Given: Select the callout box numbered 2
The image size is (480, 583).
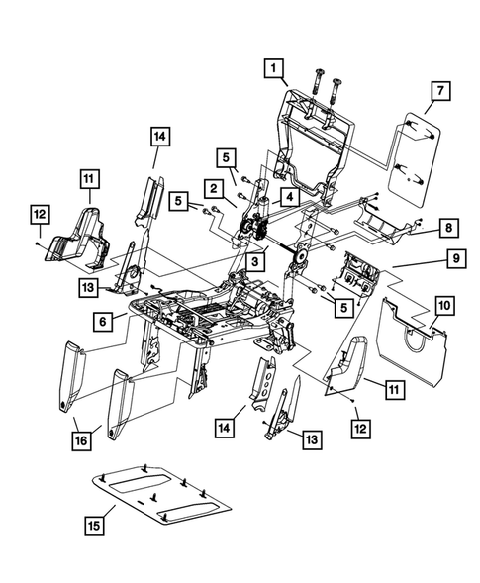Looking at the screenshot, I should (x=212, y=185).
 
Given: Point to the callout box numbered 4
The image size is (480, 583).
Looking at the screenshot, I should (x=286, y=197).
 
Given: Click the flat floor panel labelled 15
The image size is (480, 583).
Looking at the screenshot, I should (x=168, y=499).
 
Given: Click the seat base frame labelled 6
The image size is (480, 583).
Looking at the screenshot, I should (x=208, y=312).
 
